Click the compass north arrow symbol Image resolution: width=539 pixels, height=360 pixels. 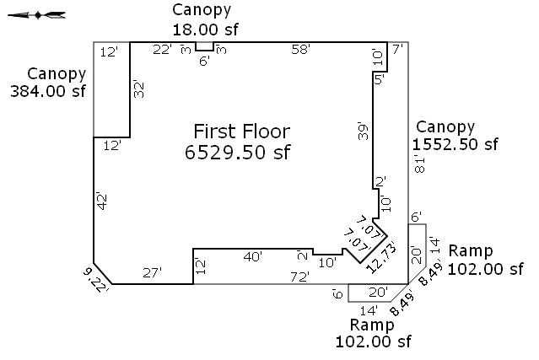[37, 15]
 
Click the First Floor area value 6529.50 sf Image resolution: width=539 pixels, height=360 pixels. [238, 152]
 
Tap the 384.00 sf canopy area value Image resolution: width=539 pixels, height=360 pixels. [48, 91]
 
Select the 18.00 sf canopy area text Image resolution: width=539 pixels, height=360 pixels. [205, 30]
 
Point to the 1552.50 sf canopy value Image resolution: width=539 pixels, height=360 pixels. [455, 144]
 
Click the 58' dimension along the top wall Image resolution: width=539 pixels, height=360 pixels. [301, 50]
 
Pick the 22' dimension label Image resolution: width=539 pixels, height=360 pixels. [162, 50]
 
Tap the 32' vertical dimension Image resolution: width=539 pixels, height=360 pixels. [138, 89]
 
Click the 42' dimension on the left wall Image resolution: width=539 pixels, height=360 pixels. [102, 201]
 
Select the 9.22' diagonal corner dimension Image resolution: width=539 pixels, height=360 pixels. [96, 280]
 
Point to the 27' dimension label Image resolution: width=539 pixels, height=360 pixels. [153, 273]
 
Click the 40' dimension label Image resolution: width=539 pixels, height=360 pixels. [253, 256]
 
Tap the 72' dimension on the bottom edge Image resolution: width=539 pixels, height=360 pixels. [299, 277]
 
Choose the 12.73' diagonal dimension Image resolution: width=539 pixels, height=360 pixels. [381, 258]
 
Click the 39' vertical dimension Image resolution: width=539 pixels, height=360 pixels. [363, 131]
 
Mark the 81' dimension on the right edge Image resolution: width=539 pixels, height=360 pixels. [420, 165]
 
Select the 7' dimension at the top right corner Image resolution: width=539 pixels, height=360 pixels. [398, 50]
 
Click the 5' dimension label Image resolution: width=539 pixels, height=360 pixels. [380, 80]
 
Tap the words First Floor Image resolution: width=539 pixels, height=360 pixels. [242, 132]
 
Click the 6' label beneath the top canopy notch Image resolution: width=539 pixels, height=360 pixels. [204, 62]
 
